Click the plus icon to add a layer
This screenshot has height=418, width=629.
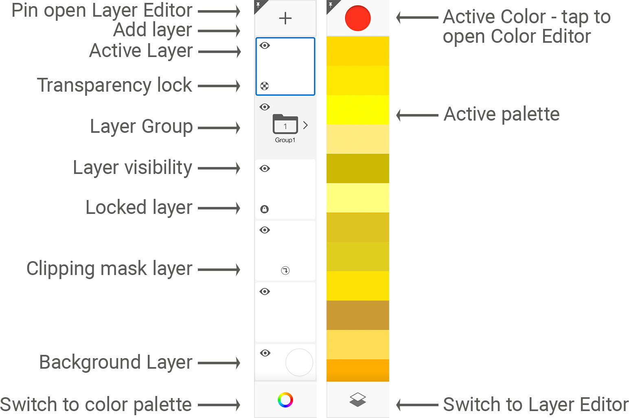(285, 18)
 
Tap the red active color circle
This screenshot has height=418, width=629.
(357, 18)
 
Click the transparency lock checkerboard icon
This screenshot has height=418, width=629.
(265, 86)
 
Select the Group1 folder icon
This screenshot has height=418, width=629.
(285, 124)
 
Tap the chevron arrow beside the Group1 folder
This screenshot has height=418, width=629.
(305, 125)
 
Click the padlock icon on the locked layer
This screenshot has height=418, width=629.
(265, 209)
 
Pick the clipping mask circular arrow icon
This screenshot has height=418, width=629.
(285, 271)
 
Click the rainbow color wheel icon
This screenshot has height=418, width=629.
(285, 400)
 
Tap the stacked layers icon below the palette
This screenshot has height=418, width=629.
(357, 400)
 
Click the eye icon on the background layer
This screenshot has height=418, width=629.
(265, 353)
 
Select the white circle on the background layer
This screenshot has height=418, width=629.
(299, 362)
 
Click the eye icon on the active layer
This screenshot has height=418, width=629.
(265, 46)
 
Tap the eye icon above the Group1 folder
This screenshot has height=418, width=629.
(265, 107)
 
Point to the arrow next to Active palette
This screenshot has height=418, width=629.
(417, 115)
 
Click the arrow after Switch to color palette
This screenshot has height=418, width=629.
(219, 405)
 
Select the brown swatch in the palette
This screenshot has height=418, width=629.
(357, 315)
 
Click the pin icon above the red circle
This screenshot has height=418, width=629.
(331, 5)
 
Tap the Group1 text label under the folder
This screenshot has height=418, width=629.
(285, 140)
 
